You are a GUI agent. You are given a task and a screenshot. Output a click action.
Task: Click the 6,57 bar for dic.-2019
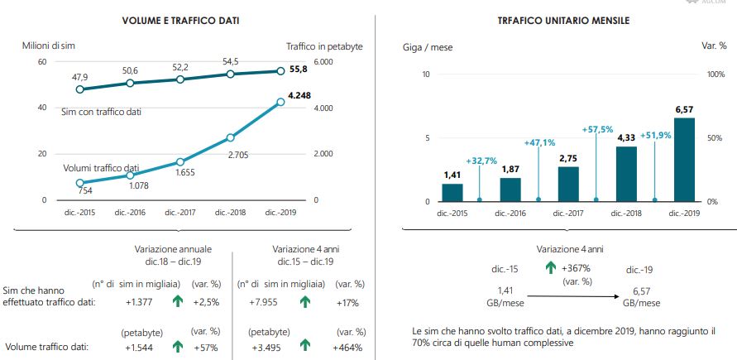[x=684, y=159]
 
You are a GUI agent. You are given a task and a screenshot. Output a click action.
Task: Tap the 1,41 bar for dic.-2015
[x=452, y=192]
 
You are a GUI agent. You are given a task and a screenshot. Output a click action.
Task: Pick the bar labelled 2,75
[x=568, y=184]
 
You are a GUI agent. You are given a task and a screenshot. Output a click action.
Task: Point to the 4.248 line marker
[x=280, y=102]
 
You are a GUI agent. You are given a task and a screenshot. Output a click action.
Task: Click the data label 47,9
[x=79, y=76]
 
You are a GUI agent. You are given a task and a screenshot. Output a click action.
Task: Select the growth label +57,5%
[x=597, y=130]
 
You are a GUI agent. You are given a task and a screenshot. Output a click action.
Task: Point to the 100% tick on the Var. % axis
[x=716, y=74]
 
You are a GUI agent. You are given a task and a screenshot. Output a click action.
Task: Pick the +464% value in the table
[x=346, y=348]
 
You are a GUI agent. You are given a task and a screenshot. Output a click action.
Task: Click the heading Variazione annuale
[x=173, y=247]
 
